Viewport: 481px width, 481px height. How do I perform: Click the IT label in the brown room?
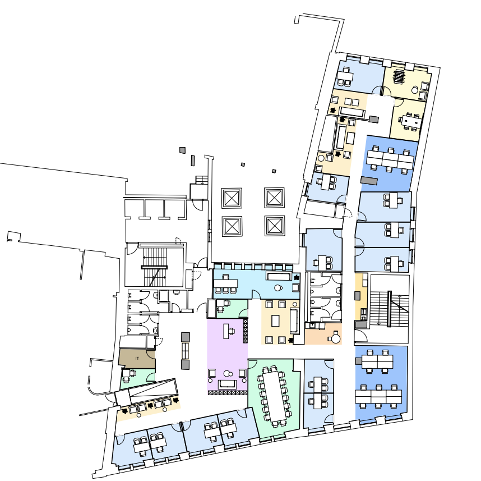coord(137,359)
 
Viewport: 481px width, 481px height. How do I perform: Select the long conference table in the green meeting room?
coord(274,397)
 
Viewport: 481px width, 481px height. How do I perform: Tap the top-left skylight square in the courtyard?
coord(232,198)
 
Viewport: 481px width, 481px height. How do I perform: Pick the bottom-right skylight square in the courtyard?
coord(275,226)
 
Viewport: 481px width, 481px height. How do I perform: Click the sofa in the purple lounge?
coord(227,384)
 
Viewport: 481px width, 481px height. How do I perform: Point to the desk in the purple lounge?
coord(226,331)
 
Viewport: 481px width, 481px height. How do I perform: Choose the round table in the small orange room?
coord(336,339)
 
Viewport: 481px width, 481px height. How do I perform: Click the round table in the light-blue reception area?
coord(278,288)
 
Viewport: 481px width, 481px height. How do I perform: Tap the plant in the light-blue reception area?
coord(297,277)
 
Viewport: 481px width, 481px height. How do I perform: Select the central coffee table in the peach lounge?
coord(275,321)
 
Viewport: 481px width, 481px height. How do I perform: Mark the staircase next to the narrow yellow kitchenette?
coord(389,308)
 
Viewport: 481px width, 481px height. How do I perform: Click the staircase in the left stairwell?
coord(155,267)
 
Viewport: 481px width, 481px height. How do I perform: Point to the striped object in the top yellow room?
coord(399,76)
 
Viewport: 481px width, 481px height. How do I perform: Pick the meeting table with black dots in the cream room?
coord(411,122)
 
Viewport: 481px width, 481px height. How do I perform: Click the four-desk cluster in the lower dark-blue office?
coord(377,361)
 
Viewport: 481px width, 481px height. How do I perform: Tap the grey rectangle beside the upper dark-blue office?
coord(369,181)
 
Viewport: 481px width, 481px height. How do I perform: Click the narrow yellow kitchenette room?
coord(362,297)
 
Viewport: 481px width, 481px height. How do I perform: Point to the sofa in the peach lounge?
coord(294,321)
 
